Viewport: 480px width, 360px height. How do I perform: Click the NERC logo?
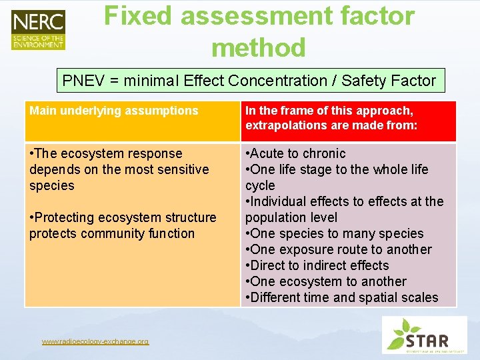pyautogui.click(x=38, y=29)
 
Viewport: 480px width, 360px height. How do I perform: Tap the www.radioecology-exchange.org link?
pyautogui.click(x=95, y=342)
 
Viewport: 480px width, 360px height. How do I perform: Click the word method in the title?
pyautogui.click(x=259, y=47)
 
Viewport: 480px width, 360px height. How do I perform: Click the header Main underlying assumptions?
pyautogui.click(x=114, y=111)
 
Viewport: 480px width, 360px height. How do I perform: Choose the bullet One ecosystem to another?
pyautogui.click(x=326, y=281)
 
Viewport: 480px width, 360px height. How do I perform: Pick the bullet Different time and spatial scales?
pyautogui.click(x=342, y=297)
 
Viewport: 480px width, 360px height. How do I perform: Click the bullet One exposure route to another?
pyautogui.click(x=339, y=249)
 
